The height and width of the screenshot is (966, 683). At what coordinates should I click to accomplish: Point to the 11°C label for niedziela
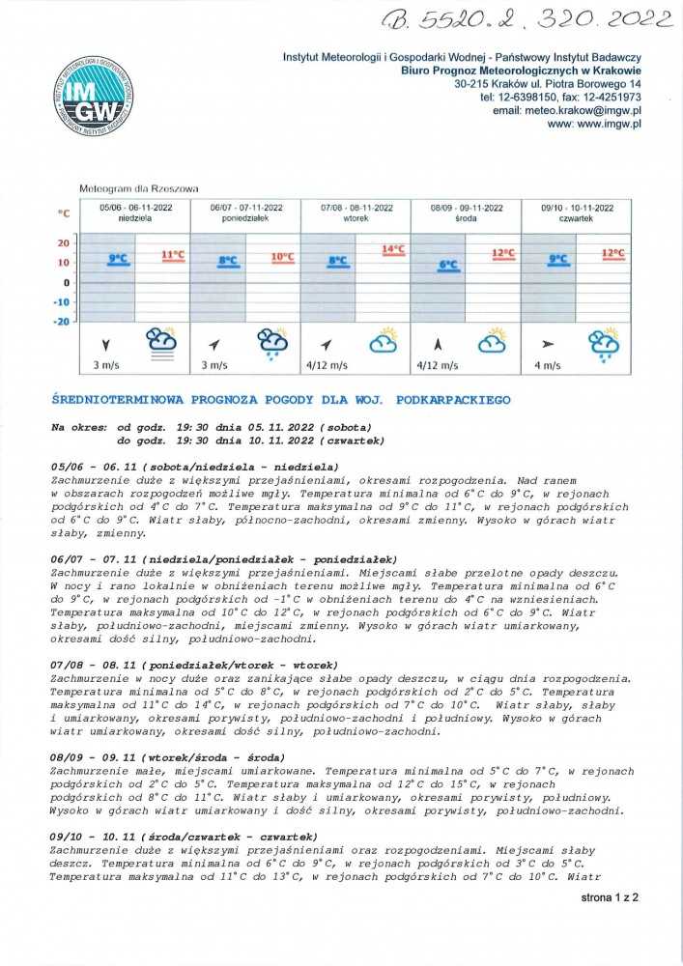[173, 255]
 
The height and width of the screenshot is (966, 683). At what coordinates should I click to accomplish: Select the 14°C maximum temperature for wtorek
[393, 249]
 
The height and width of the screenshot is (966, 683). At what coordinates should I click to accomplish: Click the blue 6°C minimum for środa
[448, 264]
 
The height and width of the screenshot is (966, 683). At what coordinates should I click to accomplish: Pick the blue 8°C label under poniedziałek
[228, 260]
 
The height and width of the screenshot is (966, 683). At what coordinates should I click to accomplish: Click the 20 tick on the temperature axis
[64, 242]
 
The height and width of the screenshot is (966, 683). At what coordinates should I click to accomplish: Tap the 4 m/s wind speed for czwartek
[547, 365]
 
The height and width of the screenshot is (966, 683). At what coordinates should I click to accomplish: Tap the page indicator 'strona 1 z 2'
[609, 896]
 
